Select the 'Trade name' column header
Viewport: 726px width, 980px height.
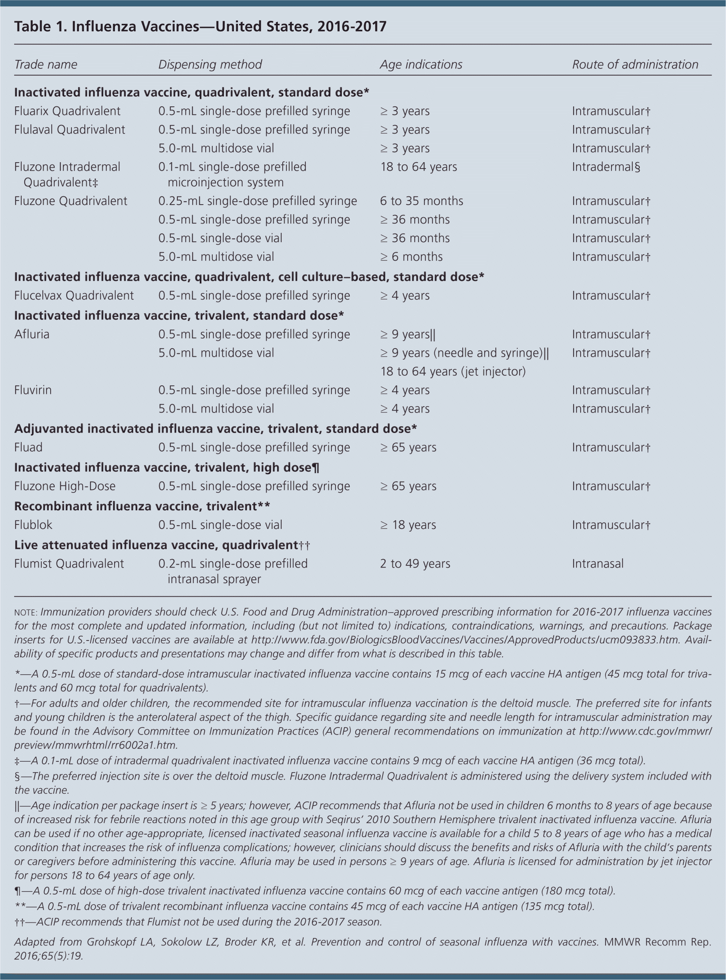46,65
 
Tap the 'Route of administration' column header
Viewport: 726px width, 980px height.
635,65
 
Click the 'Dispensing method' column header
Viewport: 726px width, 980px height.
210,65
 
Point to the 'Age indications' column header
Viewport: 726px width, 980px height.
421,65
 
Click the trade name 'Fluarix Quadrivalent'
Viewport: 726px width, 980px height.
67,111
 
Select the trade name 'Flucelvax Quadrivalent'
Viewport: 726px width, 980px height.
74,296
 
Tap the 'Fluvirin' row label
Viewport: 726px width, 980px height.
33,390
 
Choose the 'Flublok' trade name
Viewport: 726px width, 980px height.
33,525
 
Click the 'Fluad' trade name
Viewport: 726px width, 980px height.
29,448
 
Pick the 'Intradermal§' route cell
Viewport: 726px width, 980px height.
606,167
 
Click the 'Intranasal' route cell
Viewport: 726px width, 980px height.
598,564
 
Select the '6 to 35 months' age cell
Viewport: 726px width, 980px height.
421,201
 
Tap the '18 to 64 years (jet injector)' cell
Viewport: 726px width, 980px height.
453,372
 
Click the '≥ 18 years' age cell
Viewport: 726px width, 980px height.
408,525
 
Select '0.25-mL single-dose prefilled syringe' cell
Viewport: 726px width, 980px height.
257,201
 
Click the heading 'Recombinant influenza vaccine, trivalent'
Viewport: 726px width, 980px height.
142,506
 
